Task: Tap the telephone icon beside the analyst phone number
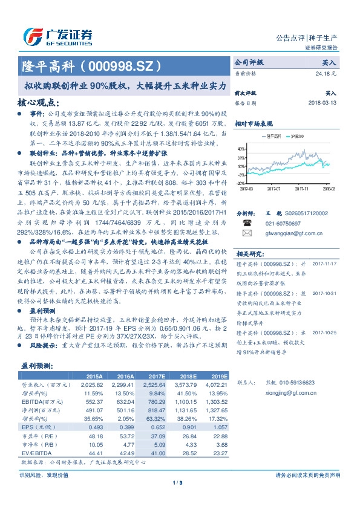247,223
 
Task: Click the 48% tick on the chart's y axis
241,148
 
